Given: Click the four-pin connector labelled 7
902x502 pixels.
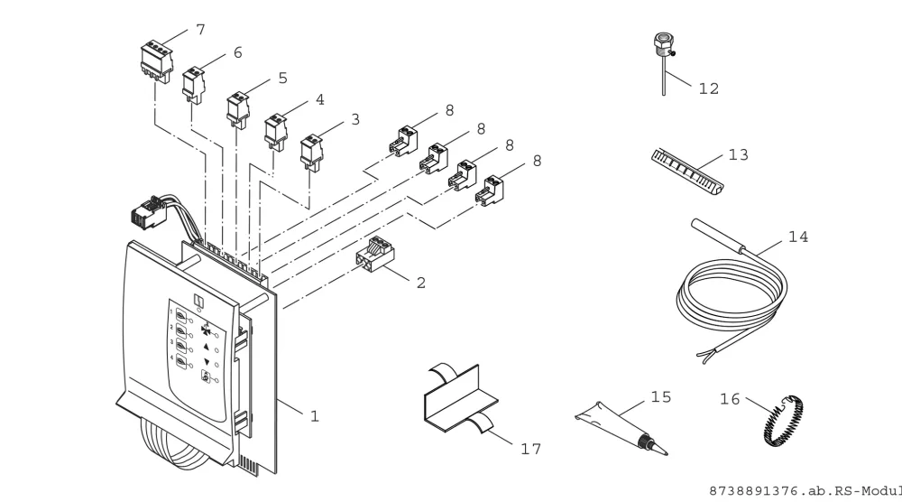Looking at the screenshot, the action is [156, 61].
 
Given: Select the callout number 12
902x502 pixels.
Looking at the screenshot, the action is [709, 88].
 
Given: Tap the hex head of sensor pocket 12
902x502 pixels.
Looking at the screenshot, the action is [663, 42].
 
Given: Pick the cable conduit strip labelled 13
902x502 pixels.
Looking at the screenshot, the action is [687, 170].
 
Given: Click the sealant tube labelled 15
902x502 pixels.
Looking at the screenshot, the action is [621, 428].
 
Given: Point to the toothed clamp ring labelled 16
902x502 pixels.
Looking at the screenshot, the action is [784, 420].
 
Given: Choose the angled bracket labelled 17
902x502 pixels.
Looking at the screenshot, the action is [461, 398].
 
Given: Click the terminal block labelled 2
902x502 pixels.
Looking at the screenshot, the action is [375, 255].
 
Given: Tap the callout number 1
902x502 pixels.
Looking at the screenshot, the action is [314, 416].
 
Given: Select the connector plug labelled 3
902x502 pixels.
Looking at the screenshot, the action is [312, 152].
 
